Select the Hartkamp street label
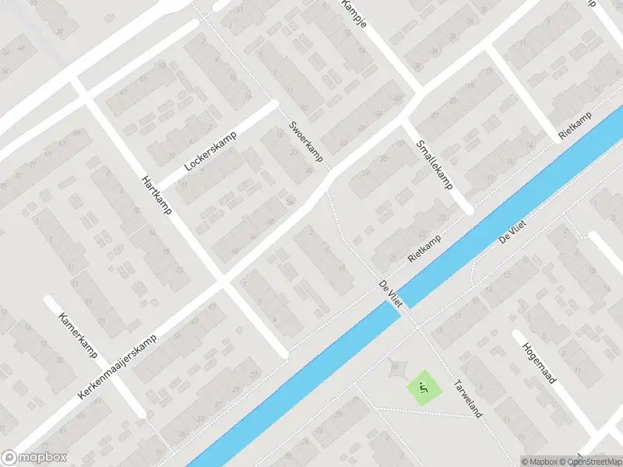tap(157, 195)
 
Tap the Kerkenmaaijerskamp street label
tap(118, 367)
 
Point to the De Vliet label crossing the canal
tap(389, 295)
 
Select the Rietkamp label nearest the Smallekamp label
tap(425, 248)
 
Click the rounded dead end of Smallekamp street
tap(468, 209)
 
